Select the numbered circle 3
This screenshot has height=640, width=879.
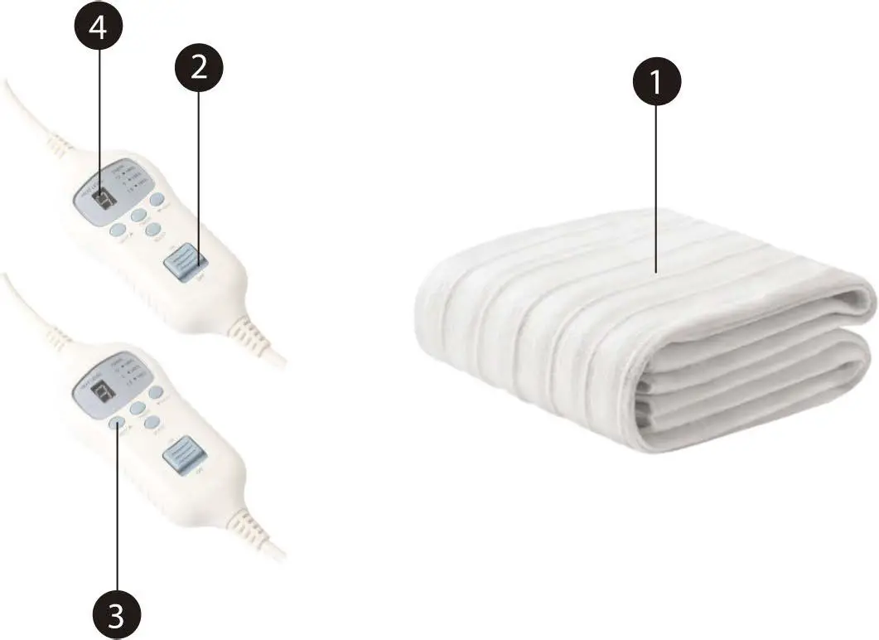pyautogui.click(x=116, y=614)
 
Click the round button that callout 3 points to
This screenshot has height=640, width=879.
pyautogui.click(x=117, y=424)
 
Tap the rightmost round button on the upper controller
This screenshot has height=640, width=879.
pyautogui.click(x=157, y=199)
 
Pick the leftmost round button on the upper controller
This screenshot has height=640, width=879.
pyautogui.click(x=117, y=231)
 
